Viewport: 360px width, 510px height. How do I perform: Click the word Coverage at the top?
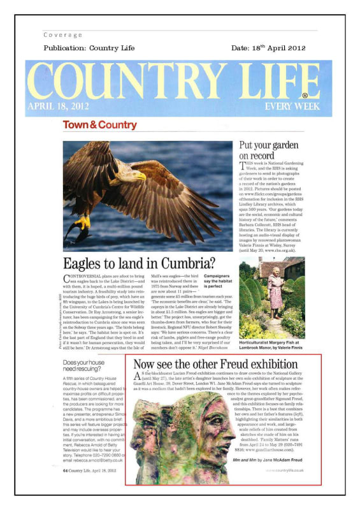(x=63, y=35)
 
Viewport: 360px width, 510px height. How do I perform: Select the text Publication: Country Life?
(x=89, y=48)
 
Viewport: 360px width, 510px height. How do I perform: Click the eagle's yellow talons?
(x=82, y=222)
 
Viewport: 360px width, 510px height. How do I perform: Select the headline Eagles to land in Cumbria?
(x=140, y=262)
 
